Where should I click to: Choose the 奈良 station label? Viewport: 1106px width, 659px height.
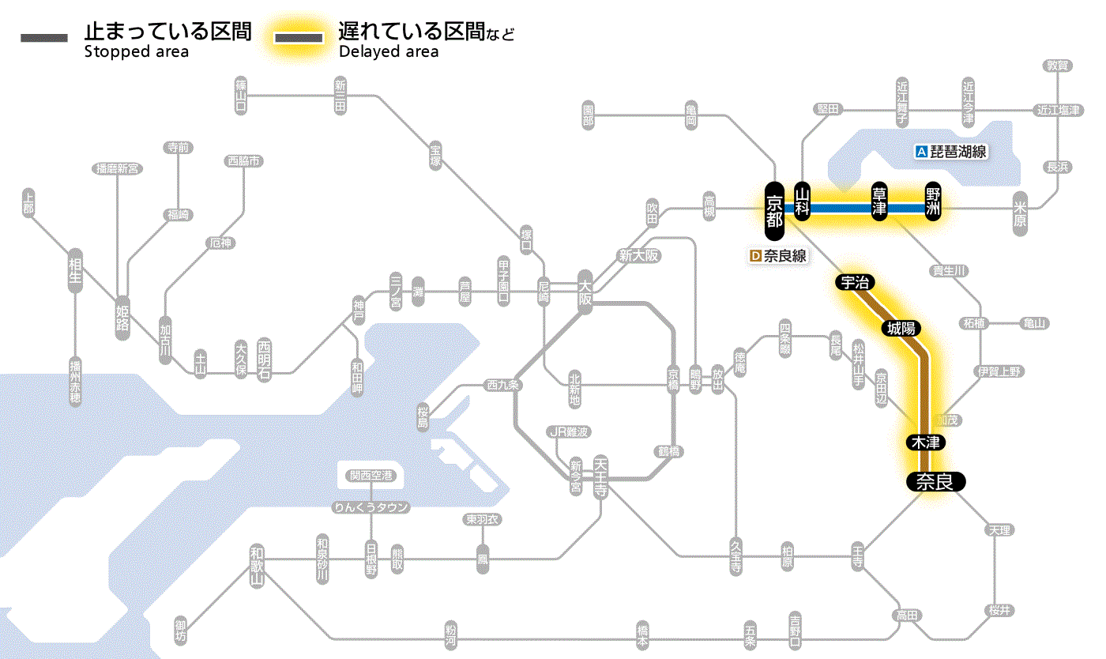(935, 481)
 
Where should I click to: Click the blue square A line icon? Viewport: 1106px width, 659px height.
(920, 152)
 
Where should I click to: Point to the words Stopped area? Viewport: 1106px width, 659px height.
(136, 52)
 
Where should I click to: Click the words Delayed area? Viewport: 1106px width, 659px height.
(388, 52)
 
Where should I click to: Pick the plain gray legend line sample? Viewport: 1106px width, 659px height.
(44, 38)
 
